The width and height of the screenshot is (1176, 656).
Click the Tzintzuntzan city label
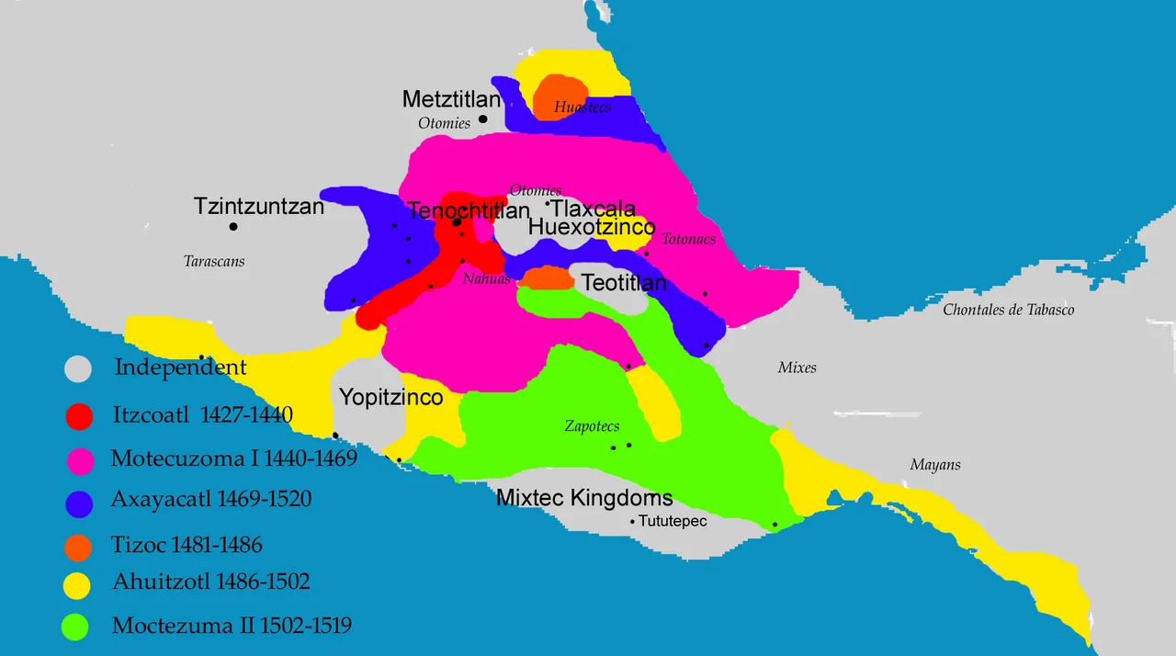(x=259, y=206)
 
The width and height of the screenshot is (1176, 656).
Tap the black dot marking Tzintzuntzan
(x=233, y=227)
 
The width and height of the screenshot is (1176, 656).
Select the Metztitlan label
(x=451, y=99)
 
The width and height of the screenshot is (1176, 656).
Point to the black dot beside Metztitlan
(x=482, y=119)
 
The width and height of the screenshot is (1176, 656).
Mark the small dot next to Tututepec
(x=632, y=523)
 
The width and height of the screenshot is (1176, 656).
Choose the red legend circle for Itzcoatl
(x=80, y=416)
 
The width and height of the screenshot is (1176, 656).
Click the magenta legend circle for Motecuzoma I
(x=80, y=458)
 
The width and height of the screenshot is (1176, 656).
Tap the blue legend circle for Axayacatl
(x=80, y=502)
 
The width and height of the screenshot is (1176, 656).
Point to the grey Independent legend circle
(x=79, y=369)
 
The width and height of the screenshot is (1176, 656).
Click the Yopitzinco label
(x=391, y=398)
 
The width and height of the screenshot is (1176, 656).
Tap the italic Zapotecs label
(x=592, y=426)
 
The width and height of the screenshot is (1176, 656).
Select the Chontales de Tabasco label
(x=1008, y=310)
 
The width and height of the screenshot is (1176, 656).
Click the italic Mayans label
(x=935, y=465)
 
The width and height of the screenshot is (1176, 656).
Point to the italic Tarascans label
(x=214, y=261)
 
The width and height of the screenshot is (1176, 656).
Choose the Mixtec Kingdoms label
(x=584, y=499)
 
